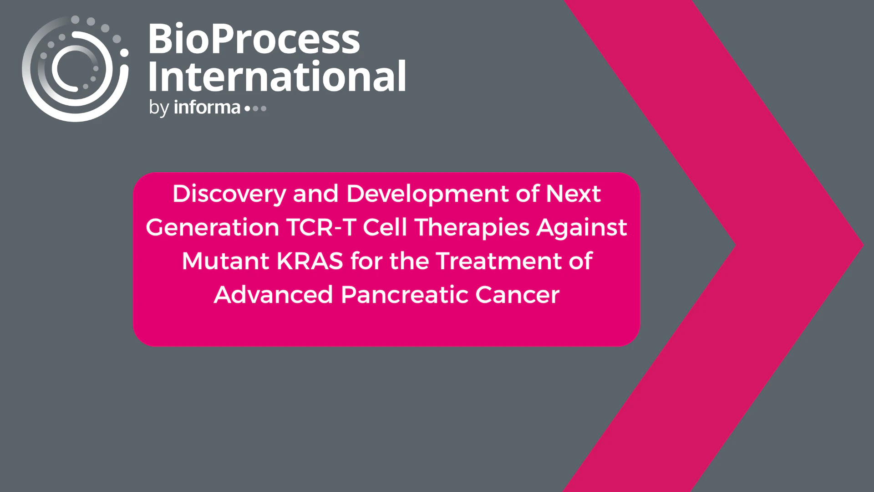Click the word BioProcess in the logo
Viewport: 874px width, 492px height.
pyautogui.click(x=254, y=39)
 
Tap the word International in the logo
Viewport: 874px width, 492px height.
pyautogui.click(x=277, y=76)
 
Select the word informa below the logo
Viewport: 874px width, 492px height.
pyautogui.click(x=207, y=107)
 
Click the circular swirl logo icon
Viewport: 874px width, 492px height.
pyautogui.click(x=75, y=69)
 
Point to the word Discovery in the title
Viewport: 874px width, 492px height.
pyautogui.click(x=229, y=194)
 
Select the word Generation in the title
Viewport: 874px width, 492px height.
pyautogui.click(x=213, y=227)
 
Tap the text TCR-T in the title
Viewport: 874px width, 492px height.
pyautogui.click(x=321, y=227)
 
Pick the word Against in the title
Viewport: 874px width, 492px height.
pyautogui.click(x=582, y=228)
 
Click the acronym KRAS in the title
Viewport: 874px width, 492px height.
pyautogui.click(x=310, y=261)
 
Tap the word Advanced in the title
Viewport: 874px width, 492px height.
pyautogui.click(x=274, y=295)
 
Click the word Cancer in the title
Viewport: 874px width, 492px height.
pyautogui.click(x=518, y=295)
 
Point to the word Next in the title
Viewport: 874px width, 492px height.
pyautogui.click(x=574, y=194)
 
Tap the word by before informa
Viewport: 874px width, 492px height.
pyautogui.click(x=159, y=108)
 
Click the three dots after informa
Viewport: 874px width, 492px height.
pyautogui.click(x=255, y=108)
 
